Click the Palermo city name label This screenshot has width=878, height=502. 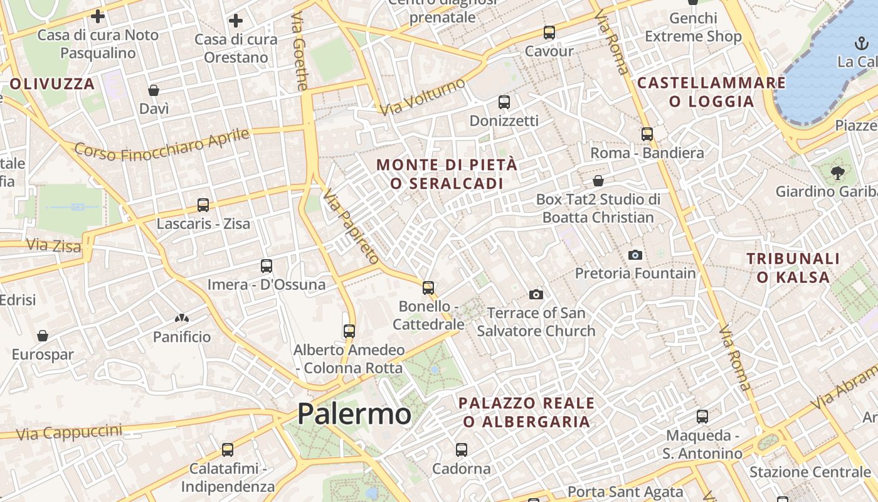click(x=354, y=414)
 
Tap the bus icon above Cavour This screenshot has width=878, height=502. click(x=549, y=33)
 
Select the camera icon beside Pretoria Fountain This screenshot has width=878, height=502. click(x=635, y=255)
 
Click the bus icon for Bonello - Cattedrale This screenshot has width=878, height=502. click(x=428, y=288)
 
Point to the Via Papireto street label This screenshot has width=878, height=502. click(x=351, y=227)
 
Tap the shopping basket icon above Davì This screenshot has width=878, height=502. click(x=154, y=90)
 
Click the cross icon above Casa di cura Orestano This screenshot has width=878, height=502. click(x=236, y=21)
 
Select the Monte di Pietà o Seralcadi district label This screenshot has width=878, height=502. click(x=447, y=174)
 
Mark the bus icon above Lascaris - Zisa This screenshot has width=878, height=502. click(x=203, y=205)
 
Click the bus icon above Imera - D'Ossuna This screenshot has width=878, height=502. click(x=267, y=266)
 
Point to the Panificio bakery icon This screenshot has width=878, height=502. click(x=182, y=319)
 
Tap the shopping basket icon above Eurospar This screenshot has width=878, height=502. click(x=43, y=336)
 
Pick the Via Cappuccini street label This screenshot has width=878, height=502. click(x=69, y=432)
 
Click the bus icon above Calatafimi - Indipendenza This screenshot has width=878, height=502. click(x=228, y=450)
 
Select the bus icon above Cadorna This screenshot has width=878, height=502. click(x=462, y=450)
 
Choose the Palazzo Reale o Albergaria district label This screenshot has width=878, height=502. click(x=527, y=412)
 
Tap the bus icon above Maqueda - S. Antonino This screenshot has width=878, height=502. click(x=702, y=417)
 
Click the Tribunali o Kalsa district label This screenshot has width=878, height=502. click(x=793, y=267)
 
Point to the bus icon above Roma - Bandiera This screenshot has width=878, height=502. click(x=647, y=134)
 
